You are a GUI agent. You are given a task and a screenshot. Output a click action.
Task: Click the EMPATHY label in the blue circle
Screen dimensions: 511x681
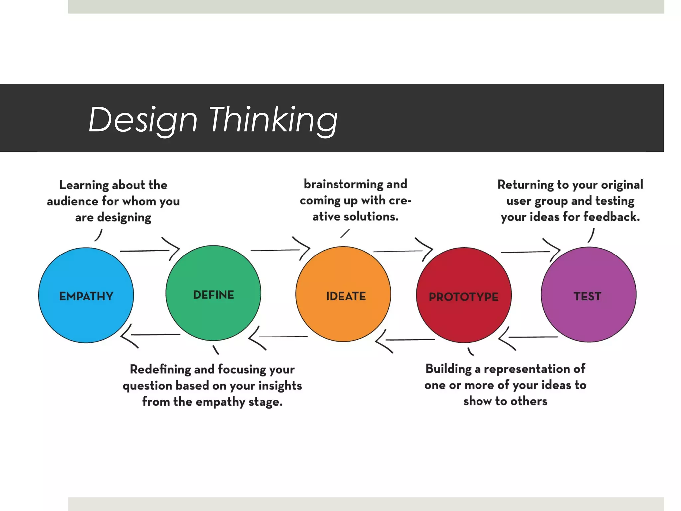86,296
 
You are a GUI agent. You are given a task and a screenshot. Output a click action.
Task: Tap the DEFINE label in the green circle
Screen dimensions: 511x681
213,295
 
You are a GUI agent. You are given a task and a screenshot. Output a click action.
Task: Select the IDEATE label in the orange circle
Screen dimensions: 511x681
346,296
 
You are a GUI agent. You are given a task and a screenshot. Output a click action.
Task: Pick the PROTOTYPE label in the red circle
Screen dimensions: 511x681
464,297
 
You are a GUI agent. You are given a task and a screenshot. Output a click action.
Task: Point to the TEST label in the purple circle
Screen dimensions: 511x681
587,296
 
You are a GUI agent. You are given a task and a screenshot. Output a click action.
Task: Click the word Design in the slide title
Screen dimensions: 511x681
143,120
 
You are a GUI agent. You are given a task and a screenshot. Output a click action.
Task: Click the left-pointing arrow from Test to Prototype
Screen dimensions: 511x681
529,337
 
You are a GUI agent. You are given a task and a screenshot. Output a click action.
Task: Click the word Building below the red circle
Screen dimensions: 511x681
448,369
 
